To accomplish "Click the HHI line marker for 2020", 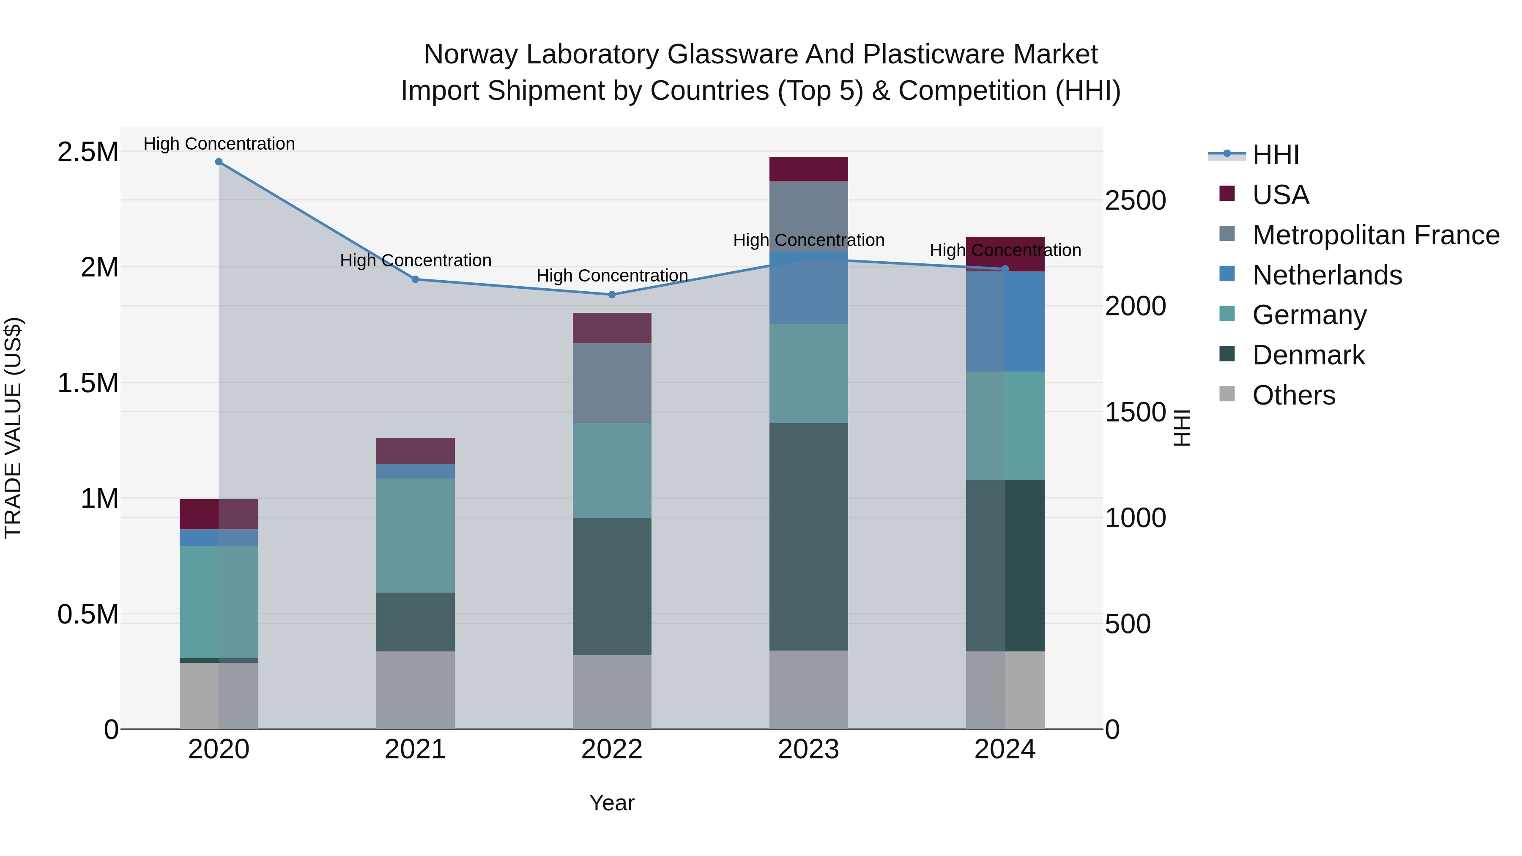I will point(219,162).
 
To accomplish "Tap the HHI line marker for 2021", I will point(415,279).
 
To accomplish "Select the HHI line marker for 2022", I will point(612,295).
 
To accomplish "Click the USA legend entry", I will point(1280,195).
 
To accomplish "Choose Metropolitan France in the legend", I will point(1375,235).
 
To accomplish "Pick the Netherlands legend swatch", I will point(1227,274).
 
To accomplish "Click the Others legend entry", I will point(1293,395).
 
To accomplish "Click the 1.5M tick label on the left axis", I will point(88,383).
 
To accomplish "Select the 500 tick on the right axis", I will point(1127,624).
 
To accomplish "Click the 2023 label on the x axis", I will point(808,749).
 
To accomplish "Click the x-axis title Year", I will point(611,803).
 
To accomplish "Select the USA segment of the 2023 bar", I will point(808,169).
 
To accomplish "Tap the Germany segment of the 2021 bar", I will point(415,535).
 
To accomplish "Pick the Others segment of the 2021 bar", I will point(415,690).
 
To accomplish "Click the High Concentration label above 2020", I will point(219,144).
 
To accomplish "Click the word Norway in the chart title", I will point(470,55).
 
